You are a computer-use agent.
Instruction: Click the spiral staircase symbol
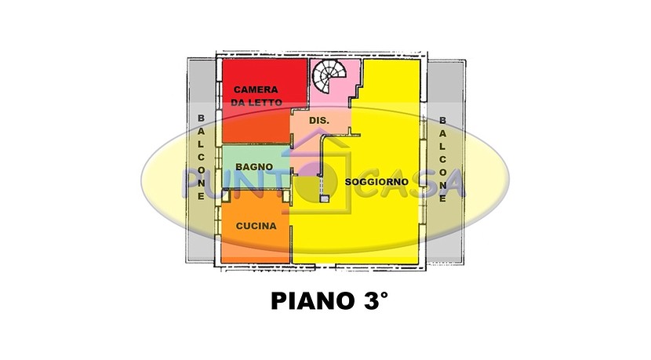tap(329, 78)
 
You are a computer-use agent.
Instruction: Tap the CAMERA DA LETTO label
tap(256, 96)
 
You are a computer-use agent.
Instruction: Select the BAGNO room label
tap(254, 166)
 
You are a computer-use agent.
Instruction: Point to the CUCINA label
tap(256, 226)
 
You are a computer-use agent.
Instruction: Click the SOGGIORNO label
tap(376, 182)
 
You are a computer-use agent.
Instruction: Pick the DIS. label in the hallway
tap(319, 121)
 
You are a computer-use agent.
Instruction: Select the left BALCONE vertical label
tap(201, 158)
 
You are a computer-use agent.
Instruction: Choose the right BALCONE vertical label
tap(442, 159)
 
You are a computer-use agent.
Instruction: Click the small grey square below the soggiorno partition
tap(324, 199)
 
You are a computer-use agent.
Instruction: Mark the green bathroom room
tap(256, 167)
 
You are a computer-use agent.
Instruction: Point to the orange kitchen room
tap(256, 227)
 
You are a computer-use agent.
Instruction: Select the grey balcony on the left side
tap(201, 160)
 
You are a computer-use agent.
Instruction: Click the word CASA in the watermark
tap(411, 183)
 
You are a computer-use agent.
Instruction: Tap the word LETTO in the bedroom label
tap(266, 103)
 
